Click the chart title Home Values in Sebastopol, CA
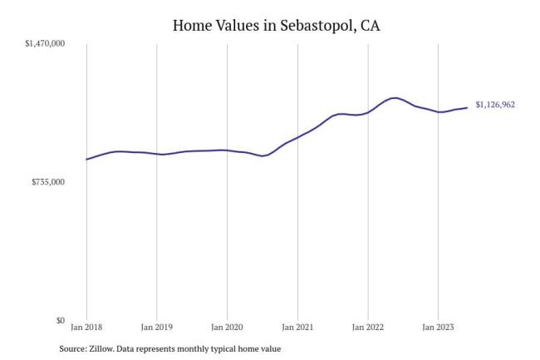click(270, 26)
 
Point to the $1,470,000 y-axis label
click(47, 42)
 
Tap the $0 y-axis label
click(61, 320)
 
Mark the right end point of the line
click(467, 107)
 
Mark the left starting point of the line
click(86, 159)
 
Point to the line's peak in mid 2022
click(395, 98)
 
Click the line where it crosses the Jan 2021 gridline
click(297, 136)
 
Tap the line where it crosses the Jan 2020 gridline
click(227, 150)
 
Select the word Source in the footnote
click(71, 349)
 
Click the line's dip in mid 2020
click(263, 155)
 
